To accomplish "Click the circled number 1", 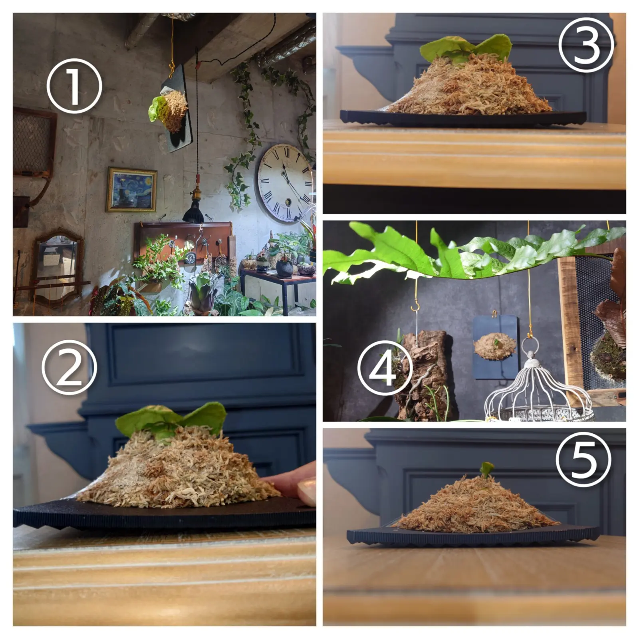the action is (74, 86).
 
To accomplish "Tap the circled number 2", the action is (69, 367).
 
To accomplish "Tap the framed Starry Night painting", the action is (131, 190).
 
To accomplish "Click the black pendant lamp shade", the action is (193, 211).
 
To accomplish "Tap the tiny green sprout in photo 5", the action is (486, 470).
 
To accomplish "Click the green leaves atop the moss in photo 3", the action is (465, 49).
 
